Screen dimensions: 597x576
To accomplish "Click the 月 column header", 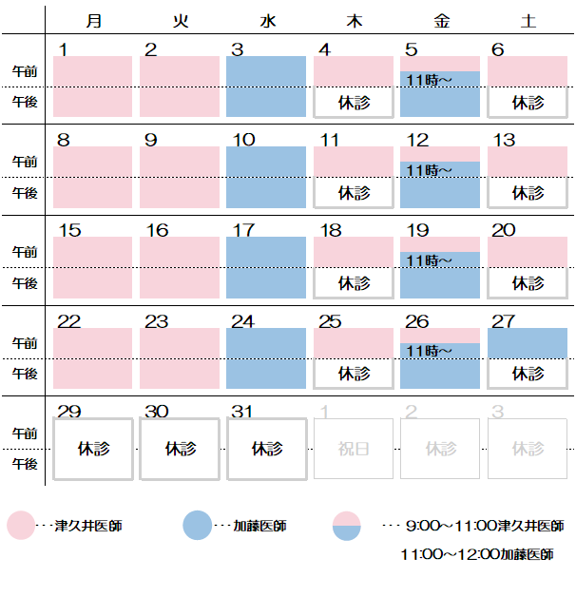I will pyautogui.click(x=93, y=21).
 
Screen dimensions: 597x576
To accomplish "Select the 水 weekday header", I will pyautogui.click(x=266, y=21).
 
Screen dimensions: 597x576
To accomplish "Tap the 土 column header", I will pyautogui.click(x=528, y=21).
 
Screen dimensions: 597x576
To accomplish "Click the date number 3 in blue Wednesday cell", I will pyautogui.click(x=238, y=49).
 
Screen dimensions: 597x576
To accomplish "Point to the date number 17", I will pyautogui.click(x=243, y=230).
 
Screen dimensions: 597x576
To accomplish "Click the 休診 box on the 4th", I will pyautogui.click(x=354, y=102).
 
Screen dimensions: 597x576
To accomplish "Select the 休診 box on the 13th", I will pyautogui.click(x=528, y=192).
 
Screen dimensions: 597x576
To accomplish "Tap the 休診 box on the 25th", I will pyautogui.click(x=354, y=374).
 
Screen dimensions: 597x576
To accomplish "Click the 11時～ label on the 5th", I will pyautogui.click(x=429, y=80).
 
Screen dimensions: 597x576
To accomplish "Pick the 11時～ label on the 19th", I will pyautogui.click(x=429, y=260).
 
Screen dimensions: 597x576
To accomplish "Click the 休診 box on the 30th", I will pyautogui.click(x=180, y=448).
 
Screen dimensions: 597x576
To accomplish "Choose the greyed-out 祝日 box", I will pyautogui.click(x=354, y=448).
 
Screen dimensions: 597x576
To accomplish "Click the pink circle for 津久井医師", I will pyautogui.click(x=21, y=525).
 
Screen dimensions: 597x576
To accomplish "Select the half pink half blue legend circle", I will pyautogui.click(x=347, y=525).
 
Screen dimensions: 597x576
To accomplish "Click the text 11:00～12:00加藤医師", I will pyautogui.click(x=477, y=554).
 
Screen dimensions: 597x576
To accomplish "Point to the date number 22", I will pyautogui.click(x=68, y=321).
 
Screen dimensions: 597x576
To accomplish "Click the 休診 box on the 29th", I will pyautogui.click(x=93, y=448).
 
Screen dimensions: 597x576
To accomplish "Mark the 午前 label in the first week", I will pyautogui.click(x=25, y=71).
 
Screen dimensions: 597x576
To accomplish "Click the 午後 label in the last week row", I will pyautogui.click(x=25, y=464).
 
